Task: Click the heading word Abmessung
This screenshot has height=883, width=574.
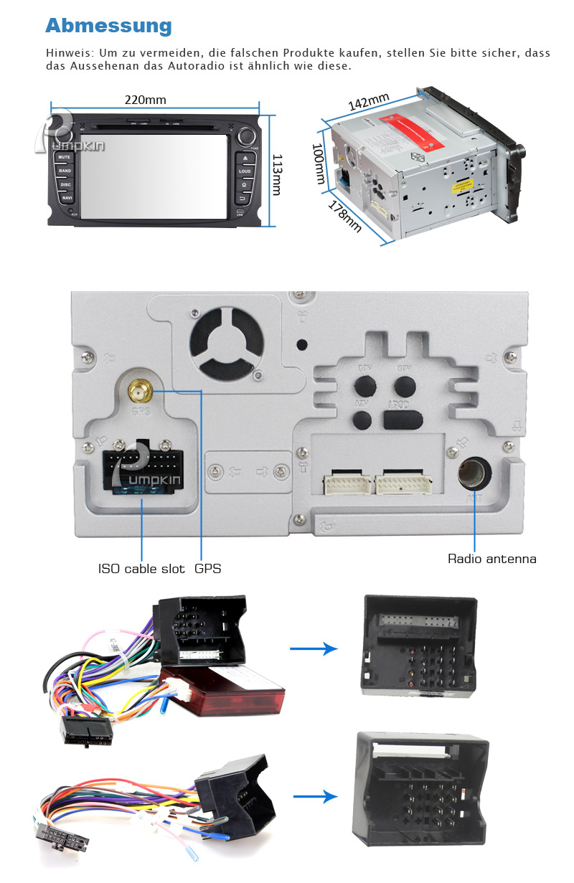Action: pyautogui.click(x=108, y=26)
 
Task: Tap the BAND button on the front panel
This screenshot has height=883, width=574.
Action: pyautogui.click(x=65, y=171)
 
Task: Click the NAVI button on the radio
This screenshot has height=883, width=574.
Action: pyautogui.click(x=67, y=197)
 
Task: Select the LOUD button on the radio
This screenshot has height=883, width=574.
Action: pyautogui.click(x=245, y=171)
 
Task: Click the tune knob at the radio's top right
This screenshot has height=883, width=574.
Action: pyautogui.click(x=248, y=134)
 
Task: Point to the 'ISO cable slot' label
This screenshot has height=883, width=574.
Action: pyautogui.click(x=141, y=569)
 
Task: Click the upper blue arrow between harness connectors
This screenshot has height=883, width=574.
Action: pyautogui.click(x=314, y=648)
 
